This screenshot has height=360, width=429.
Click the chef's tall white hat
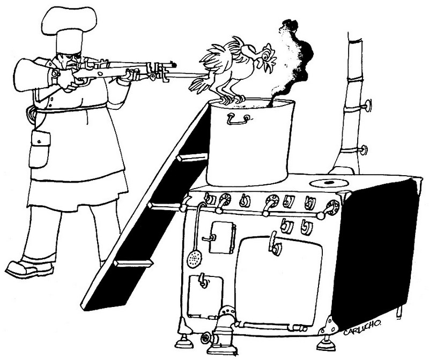coord(70,29)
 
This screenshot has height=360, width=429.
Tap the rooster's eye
coord(265,56)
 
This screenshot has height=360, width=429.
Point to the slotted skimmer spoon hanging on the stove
coord(194,257)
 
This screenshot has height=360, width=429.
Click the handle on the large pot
coord(238,119)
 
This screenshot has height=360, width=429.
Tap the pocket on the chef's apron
coord(40,149)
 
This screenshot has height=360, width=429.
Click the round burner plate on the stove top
coord(328,183)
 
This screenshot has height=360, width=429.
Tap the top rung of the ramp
coord(193,157)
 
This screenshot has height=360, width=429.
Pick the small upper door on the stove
coord(222,237)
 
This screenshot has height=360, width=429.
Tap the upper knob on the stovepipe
coord(368,106)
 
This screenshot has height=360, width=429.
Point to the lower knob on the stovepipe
coord(364,150)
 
